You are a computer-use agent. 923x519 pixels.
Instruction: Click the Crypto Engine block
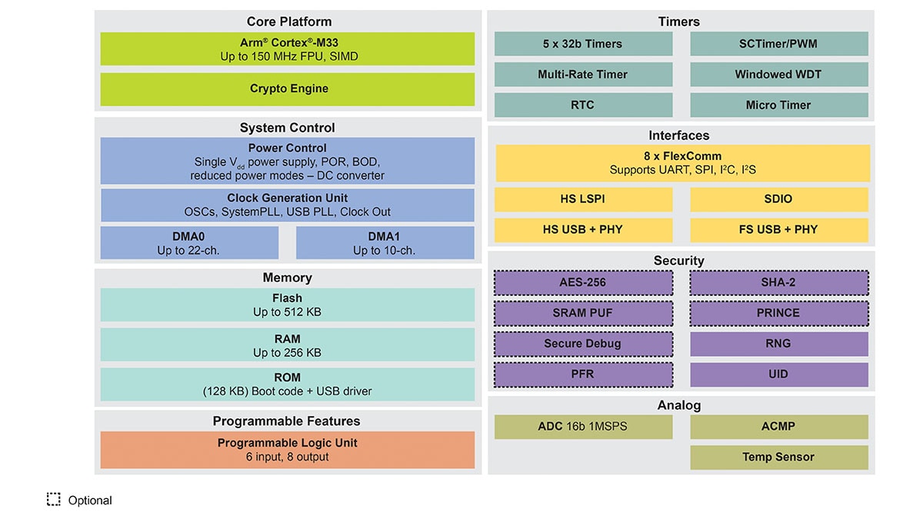(x=288, y=89)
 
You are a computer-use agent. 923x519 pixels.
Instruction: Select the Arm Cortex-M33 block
(x=288, y=49)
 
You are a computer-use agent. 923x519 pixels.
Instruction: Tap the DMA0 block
(x=189, y=243)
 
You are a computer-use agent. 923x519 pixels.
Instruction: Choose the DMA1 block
(x=385, y=243)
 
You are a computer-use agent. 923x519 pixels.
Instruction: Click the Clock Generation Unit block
(x=288, y=205)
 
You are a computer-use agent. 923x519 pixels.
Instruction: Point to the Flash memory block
(x=288, y=304)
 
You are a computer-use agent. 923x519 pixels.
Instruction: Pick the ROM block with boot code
(x=288, y=384)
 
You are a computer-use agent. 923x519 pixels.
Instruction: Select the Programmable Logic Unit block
(x=288, y=450)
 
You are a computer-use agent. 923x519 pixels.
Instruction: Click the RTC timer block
(x=583, y=105)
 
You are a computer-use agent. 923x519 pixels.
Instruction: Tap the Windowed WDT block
(x=778, y=75)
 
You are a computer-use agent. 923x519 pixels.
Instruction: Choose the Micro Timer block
(x=778, y=105)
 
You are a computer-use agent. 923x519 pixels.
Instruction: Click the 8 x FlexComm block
(x=682, y=163)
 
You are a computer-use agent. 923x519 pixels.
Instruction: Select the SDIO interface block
(x=778, y=199)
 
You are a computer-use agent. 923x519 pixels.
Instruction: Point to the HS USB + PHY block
(x=583, y=230)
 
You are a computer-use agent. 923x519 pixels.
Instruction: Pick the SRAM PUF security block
(x=583, y=313)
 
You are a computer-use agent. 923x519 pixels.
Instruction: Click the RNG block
(x=778, y=344)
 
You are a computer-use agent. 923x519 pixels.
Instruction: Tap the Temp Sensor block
(x=778, y=457)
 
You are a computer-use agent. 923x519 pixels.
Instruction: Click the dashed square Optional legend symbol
(x=53, y=500)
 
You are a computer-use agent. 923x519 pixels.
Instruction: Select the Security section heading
(x=678, y=261)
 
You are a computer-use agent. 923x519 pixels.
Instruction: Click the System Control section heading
(x=288, y=128)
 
